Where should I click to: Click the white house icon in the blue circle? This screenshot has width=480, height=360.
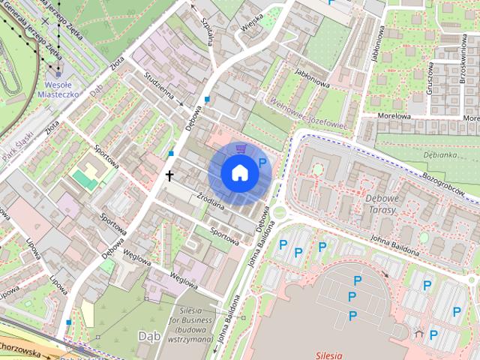(x=239, y=172)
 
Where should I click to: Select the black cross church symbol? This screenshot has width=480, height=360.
(x=169, y=176)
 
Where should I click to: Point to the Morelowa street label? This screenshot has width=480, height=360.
(x=392, y=116)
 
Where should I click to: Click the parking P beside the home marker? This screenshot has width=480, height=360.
(x=262, y=163)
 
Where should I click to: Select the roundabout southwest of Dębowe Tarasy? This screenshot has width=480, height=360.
(x=280, y=211)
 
